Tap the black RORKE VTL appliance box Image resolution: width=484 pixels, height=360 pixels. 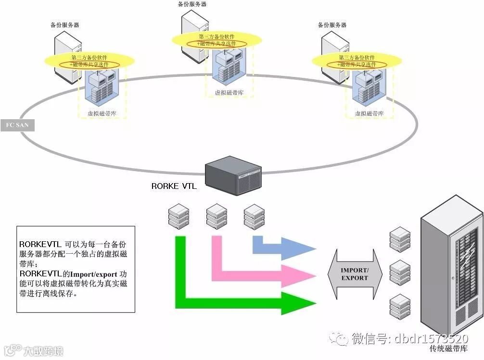[x=233, y=176]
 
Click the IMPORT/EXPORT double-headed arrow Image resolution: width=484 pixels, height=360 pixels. [x=354, y=274]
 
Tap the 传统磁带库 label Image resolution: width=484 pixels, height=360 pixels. [x=448, y=348]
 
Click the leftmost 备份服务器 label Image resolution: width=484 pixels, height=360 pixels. [x=65, y=25]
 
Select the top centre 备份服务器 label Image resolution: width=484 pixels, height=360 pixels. [x=192, y=4]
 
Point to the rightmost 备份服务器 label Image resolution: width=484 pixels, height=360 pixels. [x=332, y=25]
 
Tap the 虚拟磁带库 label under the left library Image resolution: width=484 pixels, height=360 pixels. [x=102, y=113]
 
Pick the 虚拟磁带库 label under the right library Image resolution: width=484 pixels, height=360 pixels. [x=369, y=113]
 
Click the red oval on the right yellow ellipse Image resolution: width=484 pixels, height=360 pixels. [x=357, y=64]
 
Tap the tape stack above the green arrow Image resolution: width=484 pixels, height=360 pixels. [x=178, y=216]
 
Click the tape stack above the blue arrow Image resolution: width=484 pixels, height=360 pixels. [x=254, y=216]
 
